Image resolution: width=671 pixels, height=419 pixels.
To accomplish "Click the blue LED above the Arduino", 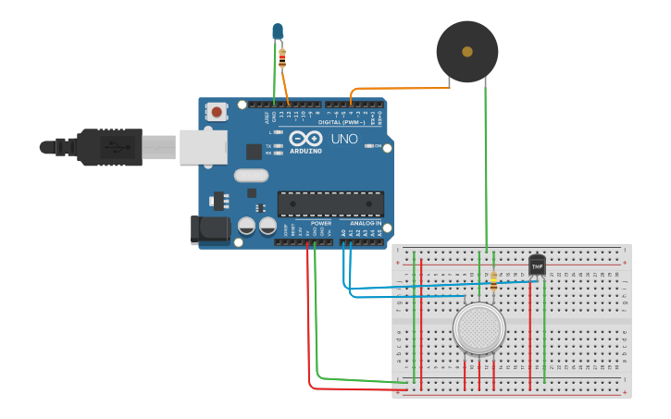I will [277, 32].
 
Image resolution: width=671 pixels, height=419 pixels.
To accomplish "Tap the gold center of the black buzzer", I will [467, 52].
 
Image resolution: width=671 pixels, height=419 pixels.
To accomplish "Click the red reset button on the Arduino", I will [217, 112].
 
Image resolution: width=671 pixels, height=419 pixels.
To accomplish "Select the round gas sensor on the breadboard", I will [478, 328].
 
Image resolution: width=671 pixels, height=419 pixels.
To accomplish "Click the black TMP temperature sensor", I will [537, 265].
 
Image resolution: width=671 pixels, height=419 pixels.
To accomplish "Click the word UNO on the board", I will [344, 140].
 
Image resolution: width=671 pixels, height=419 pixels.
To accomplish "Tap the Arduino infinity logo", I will [304, 139].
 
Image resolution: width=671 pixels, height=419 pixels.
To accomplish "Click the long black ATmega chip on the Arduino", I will [330, 203].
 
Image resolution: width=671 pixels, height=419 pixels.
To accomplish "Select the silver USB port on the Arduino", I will [203, 147].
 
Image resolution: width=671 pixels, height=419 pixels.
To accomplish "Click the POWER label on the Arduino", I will [321, 224].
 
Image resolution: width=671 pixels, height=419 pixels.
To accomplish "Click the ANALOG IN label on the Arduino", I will [366, 224].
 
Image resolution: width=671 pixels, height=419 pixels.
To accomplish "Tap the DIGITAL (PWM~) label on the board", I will [341, 122].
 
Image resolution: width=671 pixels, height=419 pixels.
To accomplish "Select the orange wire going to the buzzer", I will [398, 88].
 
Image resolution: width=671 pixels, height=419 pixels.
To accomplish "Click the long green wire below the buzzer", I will [485, 166].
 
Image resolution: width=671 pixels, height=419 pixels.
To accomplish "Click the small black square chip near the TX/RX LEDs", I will [254, 152].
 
